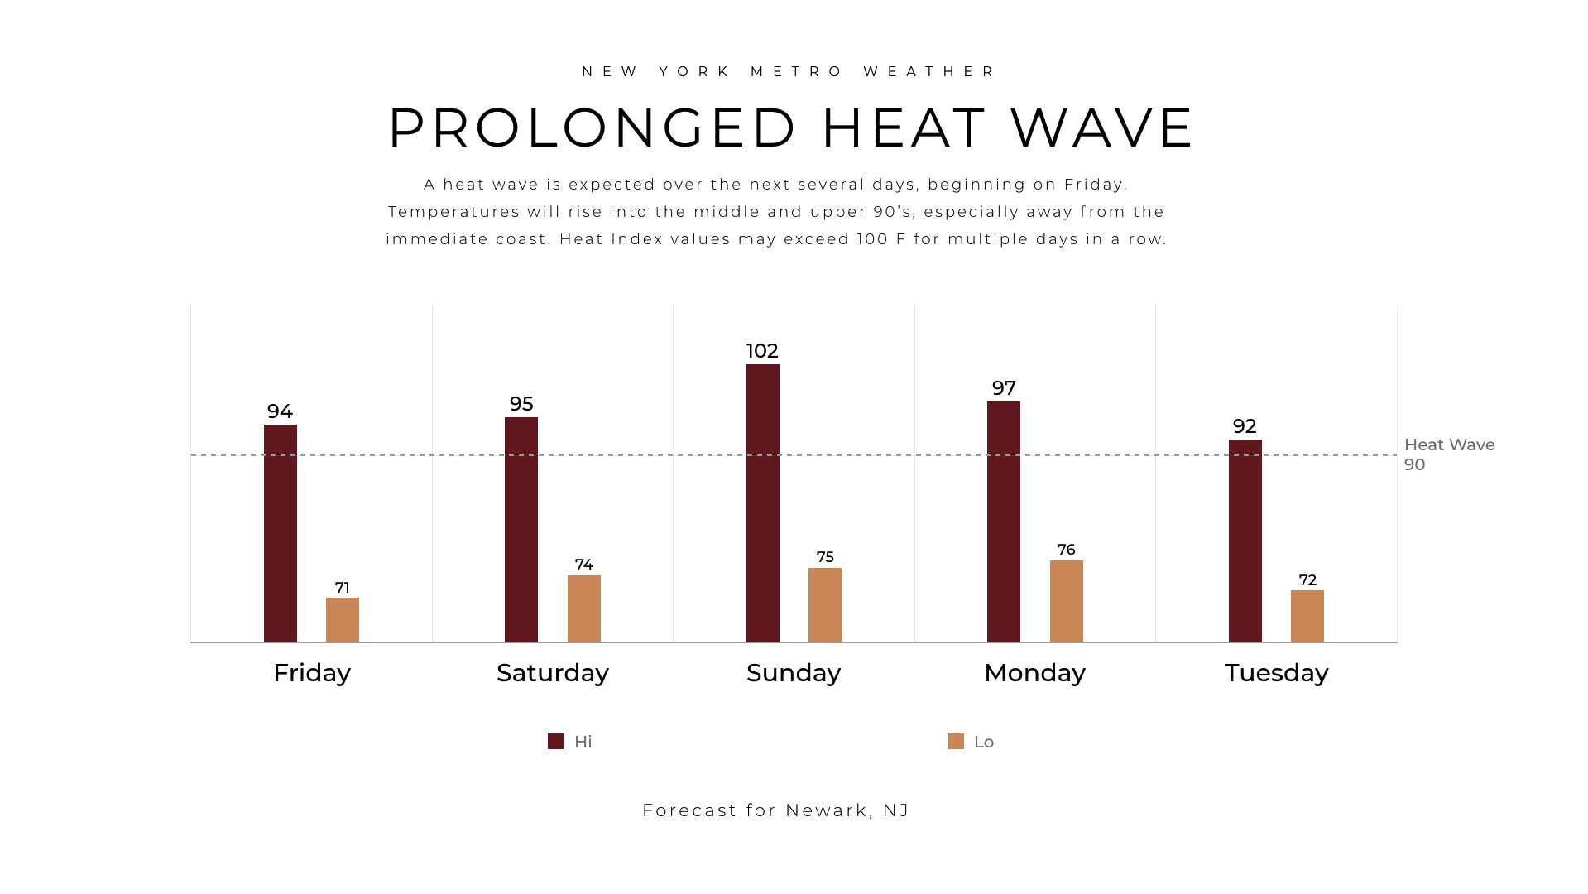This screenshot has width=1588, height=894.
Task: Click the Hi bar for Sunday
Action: pyautogui.click(x=762, y=503)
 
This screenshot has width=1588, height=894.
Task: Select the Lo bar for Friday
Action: pyautogui.click(x=343, y=620)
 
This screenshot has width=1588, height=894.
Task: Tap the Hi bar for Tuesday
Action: pyautogui.click(x=1245, y=541)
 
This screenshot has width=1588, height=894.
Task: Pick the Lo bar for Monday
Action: pyautogui.click(x=1066, y=602)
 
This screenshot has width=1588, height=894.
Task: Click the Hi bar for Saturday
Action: pyautogui.click(x=521, y=530)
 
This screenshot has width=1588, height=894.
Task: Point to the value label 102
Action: pyautogui.click(x=762, y=351)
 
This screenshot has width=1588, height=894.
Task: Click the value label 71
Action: pyautogui.click(x=343, y=588)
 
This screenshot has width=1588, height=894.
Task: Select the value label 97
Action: pyautogui.click(x=1004, y=388)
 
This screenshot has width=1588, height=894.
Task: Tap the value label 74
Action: pyautogui.click(x=584, y=565)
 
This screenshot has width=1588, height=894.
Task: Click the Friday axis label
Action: pyautogui.click(x=312, y=673)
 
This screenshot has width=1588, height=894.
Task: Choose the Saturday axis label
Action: pyautogui.click(x=553, y=673)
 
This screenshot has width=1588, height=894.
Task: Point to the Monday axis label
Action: pyautogui.click(x=1034, y=673)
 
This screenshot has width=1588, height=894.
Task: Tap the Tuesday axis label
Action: pyautogui.click(x=1276, y=673)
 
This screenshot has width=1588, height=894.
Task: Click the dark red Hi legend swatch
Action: pyautogui.click(x=555, y=742)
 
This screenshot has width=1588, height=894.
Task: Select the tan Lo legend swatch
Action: pyautogui.click(x=956, y=742)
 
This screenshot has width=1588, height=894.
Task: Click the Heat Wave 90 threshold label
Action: pyautogui.click(x=1449, y=454)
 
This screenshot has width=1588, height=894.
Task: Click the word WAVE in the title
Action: pyautogui.click(x=1102, y=128)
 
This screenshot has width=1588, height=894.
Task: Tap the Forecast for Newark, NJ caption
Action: pyautogui.click(x=775, y=810)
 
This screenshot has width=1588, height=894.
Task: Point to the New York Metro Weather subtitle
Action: pyautogui.click(x=790, y=72)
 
